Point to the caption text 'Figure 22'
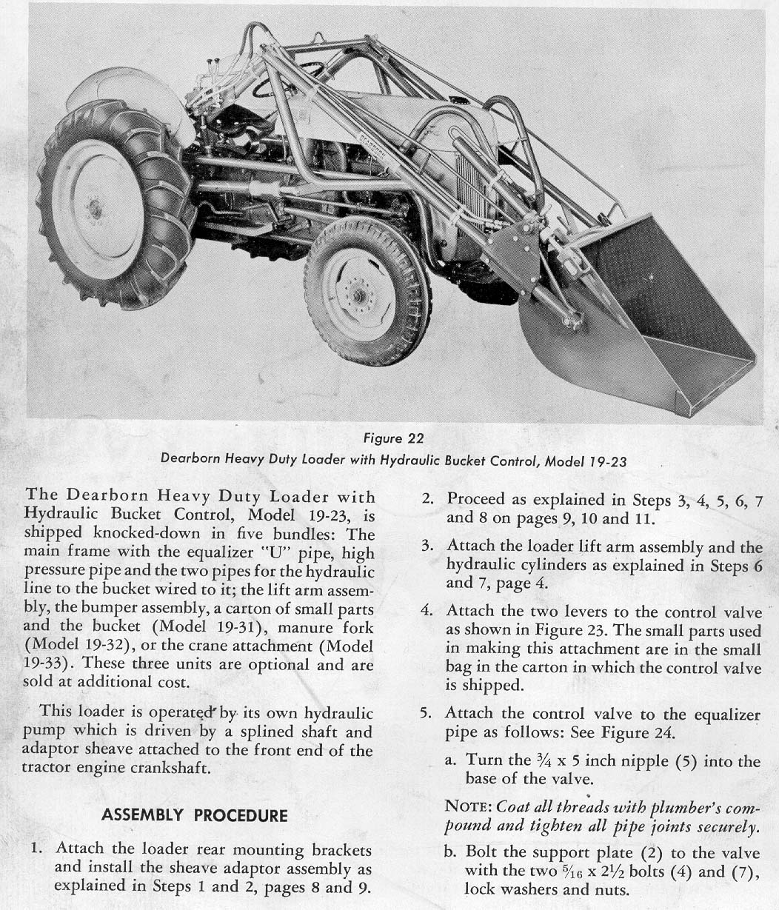tap(394, 439)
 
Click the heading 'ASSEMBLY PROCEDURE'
tap(194, 816)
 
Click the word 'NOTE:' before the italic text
tap(469, 806)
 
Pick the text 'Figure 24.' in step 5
tap(641, 734)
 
